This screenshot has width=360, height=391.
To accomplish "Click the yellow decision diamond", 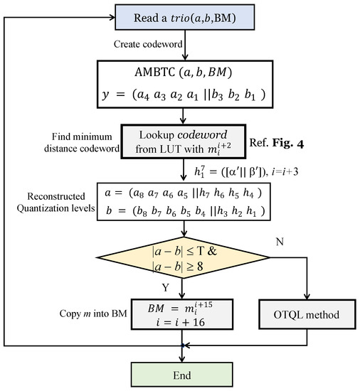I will (186, 261).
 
